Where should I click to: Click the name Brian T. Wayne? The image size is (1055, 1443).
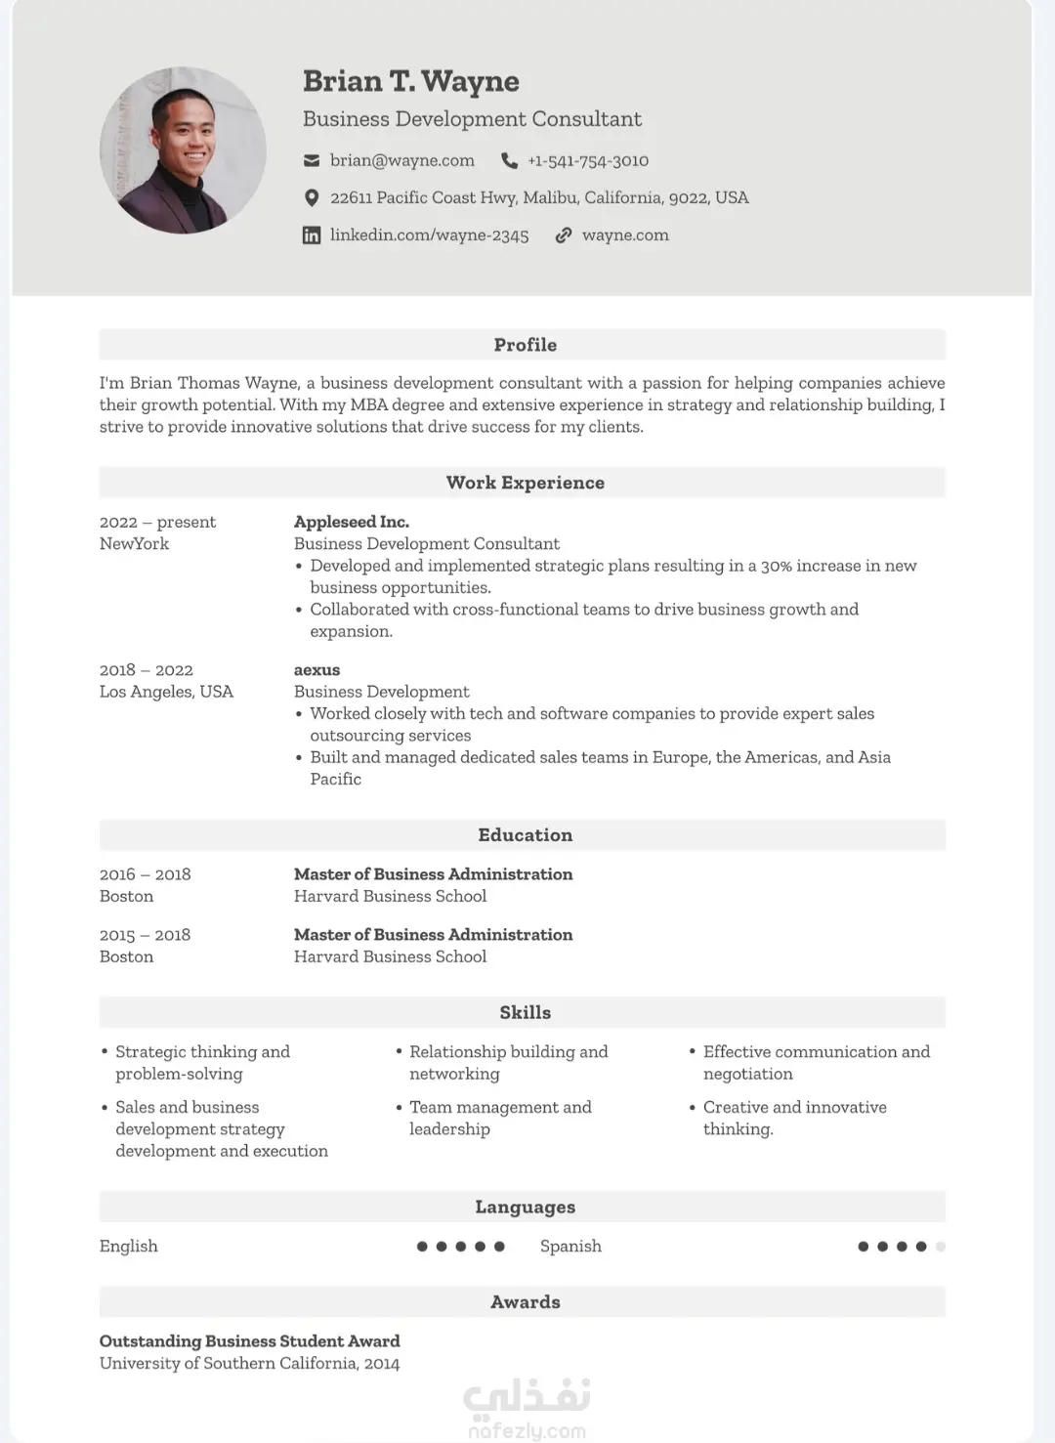[410, 81]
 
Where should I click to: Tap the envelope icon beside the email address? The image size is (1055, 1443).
[312, 160]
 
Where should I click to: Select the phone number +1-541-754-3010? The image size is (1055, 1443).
[588, 160]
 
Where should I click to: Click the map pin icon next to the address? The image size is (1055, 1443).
[312, 198]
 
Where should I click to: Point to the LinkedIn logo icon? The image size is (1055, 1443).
[312, 235]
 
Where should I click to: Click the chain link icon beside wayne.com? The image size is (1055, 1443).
[564, 235]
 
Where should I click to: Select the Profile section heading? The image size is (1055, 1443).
[525, 345]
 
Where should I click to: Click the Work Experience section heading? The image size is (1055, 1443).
[525, 483]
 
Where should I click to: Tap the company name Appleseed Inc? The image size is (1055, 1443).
[352, 522]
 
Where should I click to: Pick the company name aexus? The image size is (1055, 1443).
[316, 670]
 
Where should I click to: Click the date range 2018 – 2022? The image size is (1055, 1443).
[147, 670]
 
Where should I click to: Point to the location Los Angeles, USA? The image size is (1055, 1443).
[166, 692]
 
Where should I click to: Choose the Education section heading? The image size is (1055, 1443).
[525, 835]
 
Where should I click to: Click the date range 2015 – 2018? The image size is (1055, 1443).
[145, 935]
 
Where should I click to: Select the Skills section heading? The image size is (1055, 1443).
[525, 1013]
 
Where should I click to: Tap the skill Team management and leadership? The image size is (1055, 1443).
[499, 1118]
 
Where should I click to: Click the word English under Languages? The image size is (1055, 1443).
[128, 1247]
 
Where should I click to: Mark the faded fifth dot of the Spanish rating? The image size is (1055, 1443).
[941, 1247]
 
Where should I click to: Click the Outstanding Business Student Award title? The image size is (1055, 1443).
[249, 1341]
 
